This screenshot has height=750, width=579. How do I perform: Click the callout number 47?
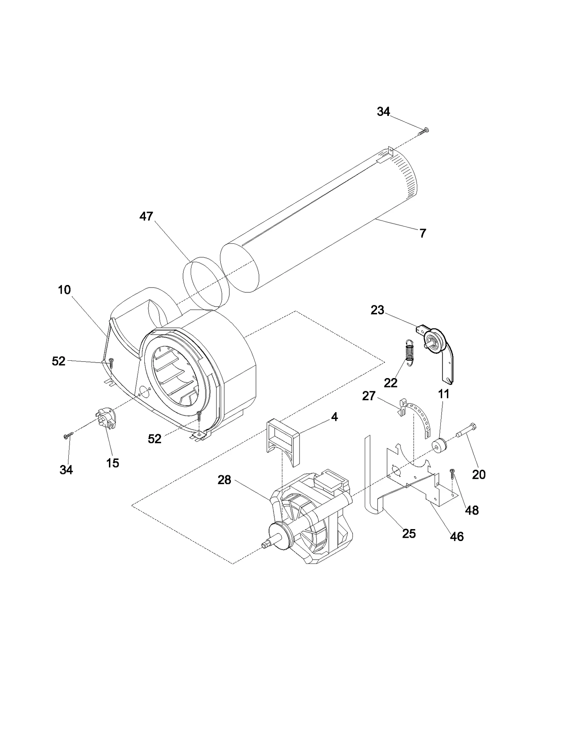146,217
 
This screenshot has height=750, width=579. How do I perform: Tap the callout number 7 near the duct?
423,233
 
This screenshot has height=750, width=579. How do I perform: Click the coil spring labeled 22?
409,352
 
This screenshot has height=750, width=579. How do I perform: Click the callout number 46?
457,537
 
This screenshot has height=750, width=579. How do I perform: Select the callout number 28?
224,480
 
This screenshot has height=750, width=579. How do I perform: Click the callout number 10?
64,290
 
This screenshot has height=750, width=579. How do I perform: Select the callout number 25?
409,534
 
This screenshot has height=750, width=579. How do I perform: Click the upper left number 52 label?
59,361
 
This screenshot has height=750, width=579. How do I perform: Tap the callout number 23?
377,310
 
